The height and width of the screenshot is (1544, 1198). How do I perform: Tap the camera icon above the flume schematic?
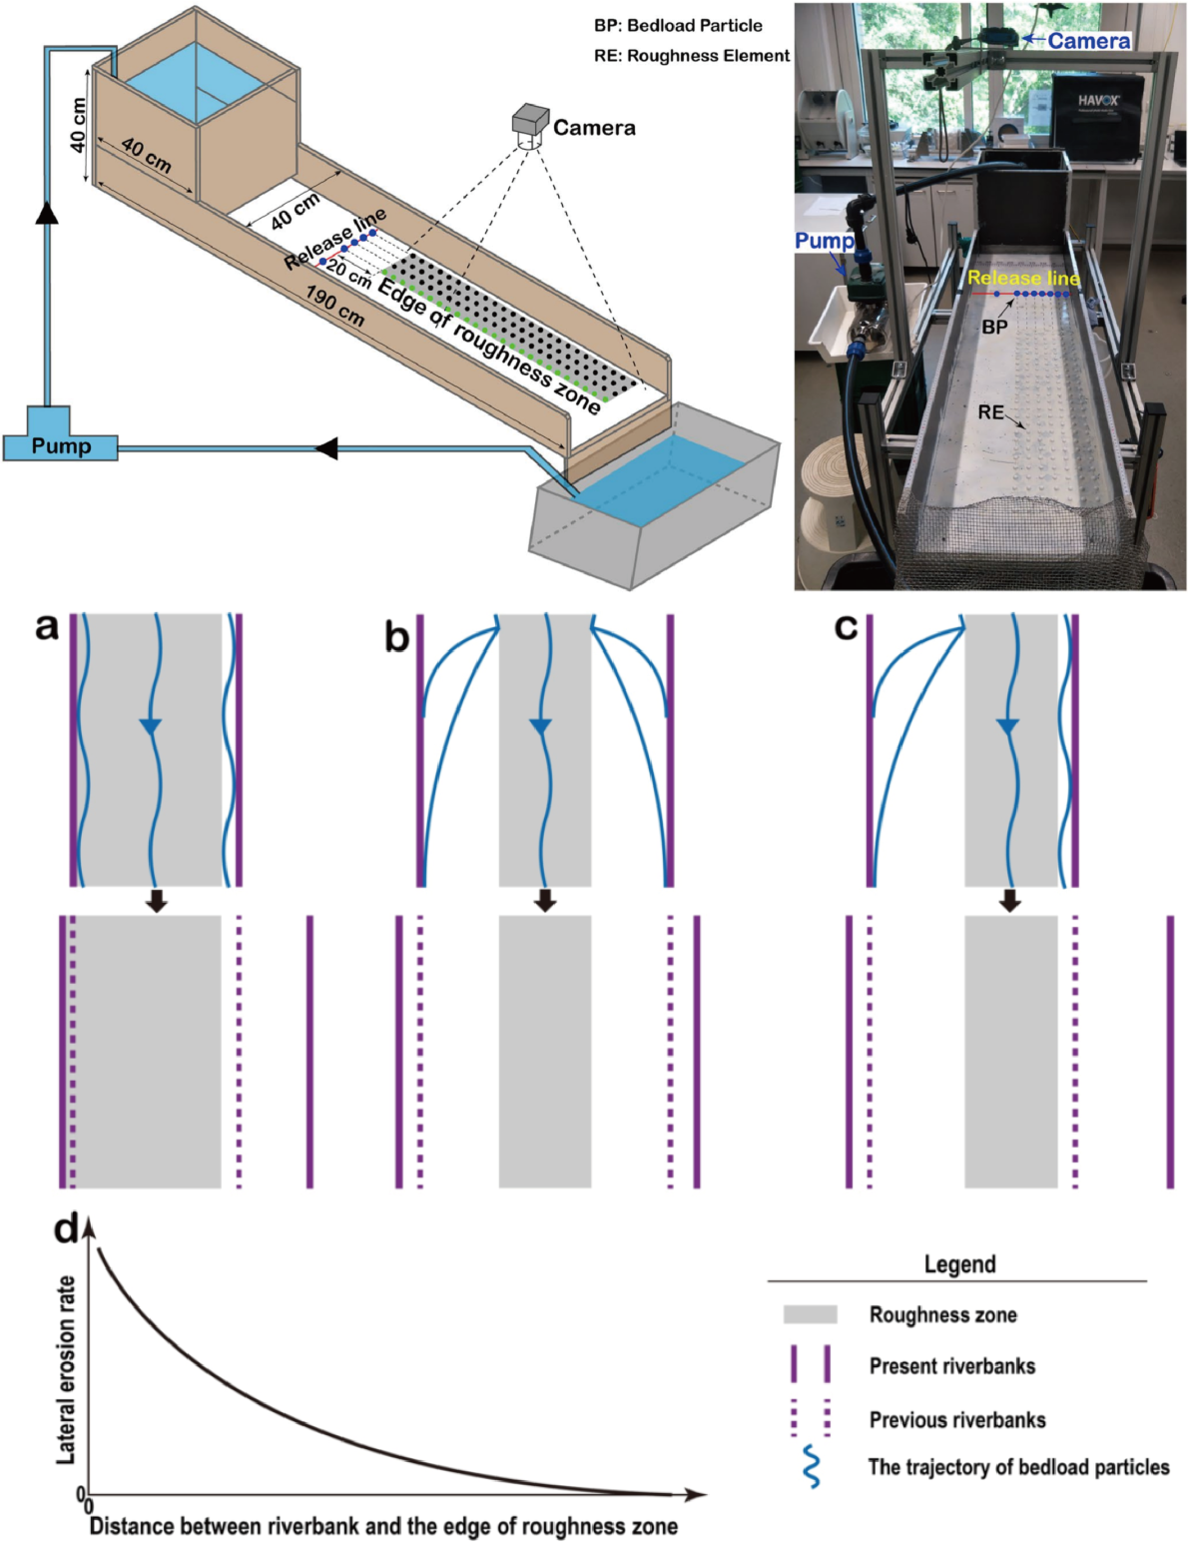pyautogui.click(x=530, y=123)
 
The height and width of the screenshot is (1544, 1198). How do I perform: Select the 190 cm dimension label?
pyautogui.click(x=334, y=306)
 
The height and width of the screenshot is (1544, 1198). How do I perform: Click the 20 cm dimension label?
pyautogui.click(x=349, y=275)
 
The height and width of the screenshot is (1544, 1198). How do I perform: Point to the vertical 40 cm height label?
pyautogui.click(x=78, y=125)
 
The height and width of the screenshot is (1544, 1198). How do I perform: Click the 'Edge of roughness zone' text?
pyautogui.click(x=489, y=346)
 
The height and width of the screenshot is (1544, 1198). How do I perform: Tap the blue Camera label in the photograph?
pyautogui.click(x=1088, y=41)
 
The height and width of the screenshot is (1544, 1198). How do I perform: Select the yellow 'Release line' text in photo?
pyautogui.click(x=1023, y=278)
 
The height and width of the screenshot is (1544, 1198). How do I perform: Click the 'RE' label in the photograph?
pyautogui.click(x=990, y=411)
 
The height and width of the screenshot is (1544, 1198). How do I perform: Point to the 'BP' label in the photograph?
pyautogui.click(x=994, y=327)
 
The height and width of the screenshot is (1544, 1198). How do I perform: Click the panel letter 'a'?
pyautogui.click(x=47, y=626)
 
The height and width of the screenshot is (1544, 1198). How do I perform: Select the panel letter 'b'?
pyautogui.click(x=396, y=636)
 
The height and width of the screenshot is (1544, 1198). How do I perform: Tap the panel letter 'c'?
pyautogui.click(x=846, y=626)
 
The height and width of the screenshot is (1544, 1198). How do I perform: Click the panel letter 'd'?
pyautogui.click(x=66, y=1228)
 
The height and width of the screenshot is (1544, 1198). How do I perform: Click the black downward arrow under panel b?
pyautogui.click(x=544, y=900)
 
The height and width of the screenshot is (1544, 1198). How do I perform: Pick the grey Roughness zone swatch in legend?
pyautogui.click(x=810, y=1314)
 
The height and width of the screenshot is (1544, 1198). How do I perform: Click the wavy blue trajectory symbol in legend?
pyautogui.click(x=812, y=1467)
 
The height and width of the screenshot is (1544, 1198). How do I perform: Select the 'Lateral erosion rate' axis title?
pyautogui.click(x=66, y=1369)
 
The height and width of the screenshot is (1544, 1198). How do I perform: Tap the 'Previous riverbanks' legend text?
pyautogui.click(x=956, y=1419)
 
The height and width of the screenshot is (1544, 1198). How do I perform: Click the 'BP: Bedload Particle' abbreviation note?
pyautogui.click(x=678, y=26)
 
